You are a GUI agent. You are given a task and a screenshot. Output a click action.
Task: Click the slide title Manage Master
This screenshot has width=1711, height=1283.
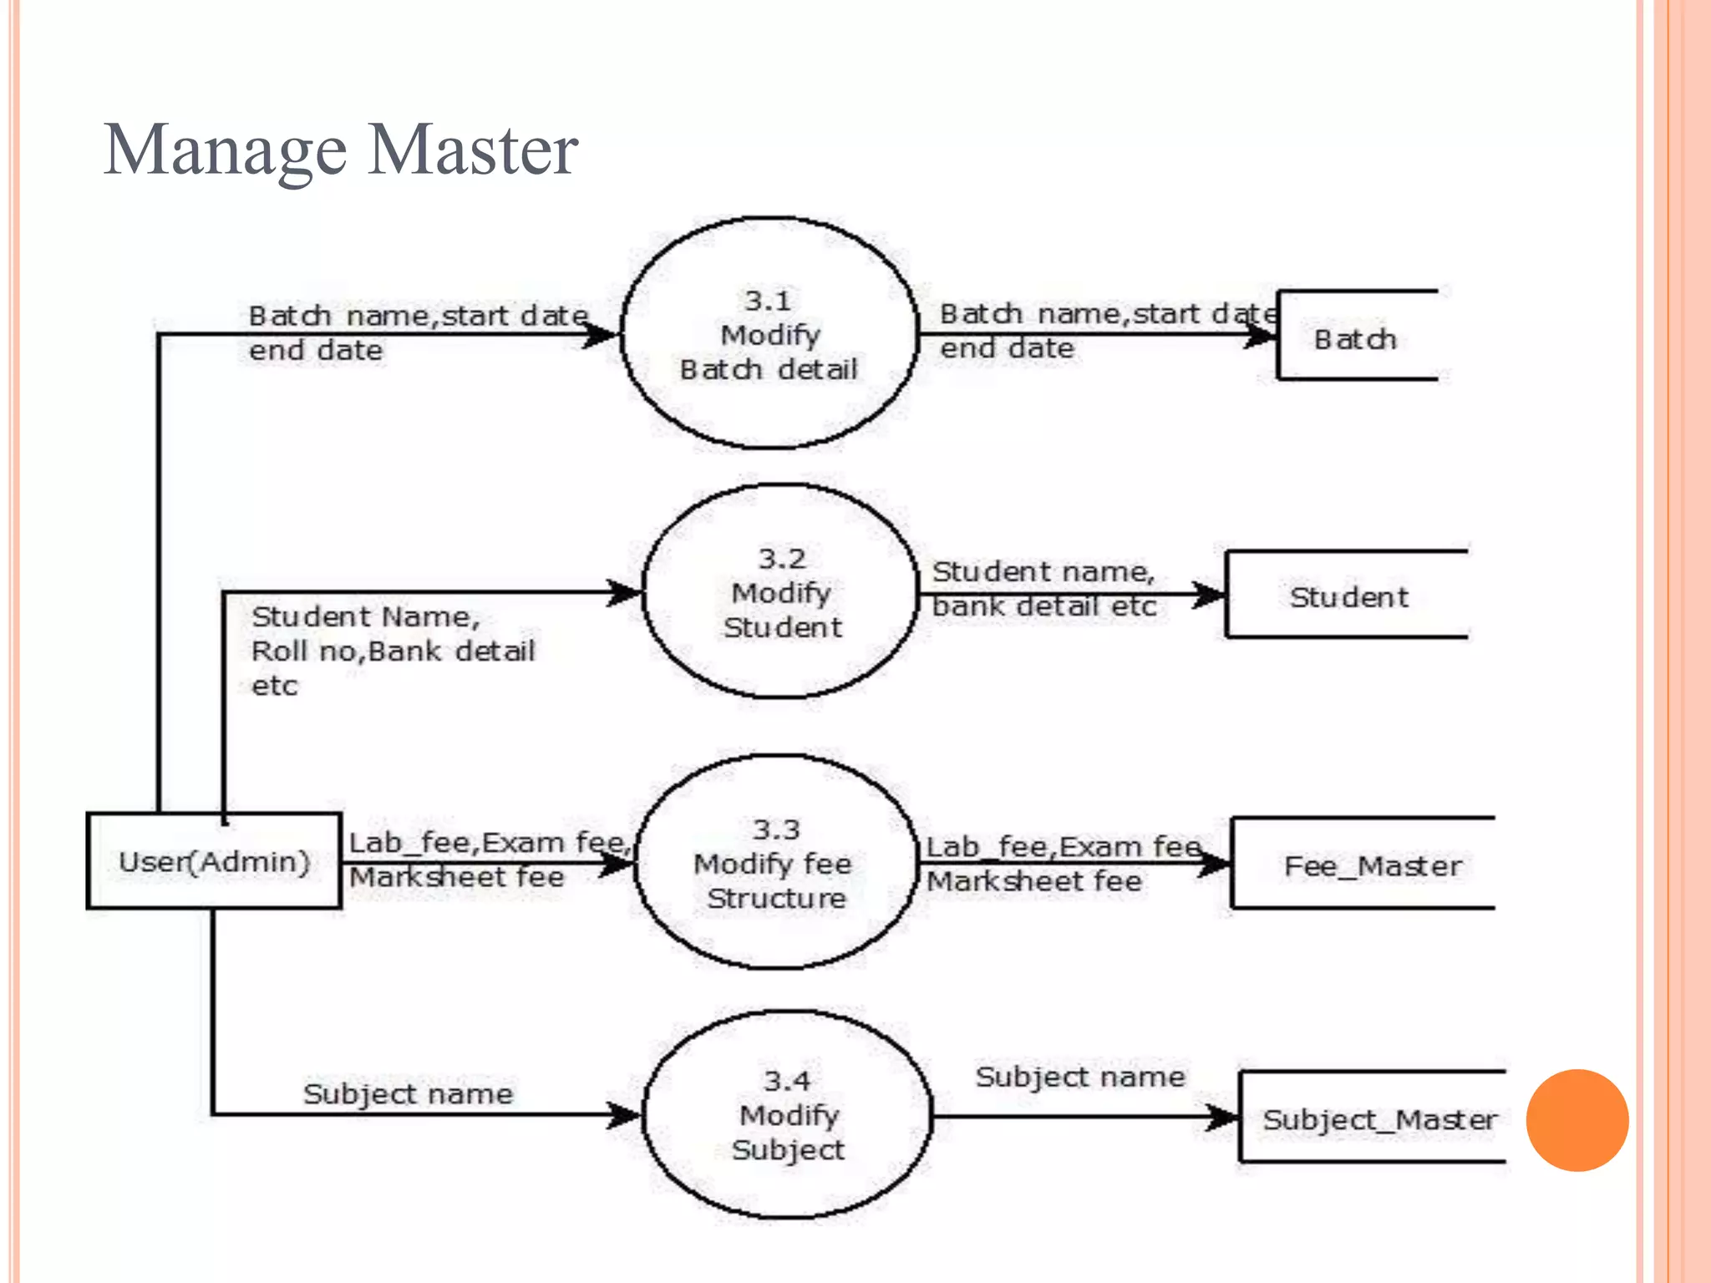tap(340, 150)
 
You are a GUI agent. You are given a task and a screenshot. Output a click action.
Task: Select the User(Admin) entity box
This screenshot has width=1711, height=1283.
tap(214, 860)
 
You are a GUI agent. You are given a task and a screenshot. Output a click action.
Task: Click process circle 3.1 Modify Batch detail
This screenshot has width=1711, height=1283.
tap(769, 334)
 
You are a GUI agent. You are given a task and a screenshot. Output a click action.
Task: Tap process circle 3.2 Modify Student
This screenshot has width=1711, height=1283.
tap(781, 592)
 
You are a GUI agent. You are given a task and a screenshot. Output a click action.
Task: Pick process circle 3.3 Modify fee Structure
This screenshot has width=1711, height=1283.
tap(775, 863)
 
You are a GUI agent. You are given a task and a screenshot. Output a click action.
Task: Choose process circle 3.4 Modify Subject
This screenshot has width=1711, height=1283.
tap(788, 1115)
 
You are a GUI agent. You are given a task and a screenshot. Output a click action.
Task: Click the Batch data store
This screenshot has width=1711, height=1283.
tap(1355, 338)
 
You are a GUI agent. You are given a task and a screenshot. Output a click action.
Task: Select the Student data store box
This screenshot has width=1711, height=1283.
tap(1347, 596)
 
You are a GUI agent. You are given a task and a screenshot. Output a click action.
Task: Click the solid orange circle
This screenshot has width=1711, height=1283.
tap(1576, 1120)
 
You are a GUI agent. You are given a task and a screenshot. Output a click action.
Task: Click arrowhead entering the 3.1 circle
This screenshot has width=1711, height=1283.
tap(602, 335)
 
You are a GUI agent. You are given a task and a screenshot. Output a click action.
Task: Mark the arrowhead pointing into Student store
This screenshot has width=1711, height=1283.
tap(1209, 596)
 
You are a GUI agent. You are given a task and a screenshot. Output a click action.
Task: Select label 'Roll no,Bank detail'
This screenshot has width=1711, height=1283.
tap(393, 651)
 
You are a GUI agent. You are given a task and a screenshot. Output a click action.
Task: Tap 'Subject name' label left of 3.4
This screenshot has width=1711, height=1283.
tap(408, 1093)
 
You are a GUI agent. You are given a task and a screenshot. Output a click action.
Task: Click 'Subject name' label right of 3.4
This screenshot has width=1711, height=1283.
tap(1079, 1076)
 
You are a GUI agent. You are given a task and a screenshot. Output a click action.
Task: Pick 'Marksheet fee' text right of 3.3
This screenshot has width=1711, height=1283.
tap(1034, 881)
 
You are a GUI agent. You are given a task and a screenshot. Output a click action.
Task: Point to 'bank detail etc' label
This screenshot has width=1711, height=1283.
tap(1044, 606)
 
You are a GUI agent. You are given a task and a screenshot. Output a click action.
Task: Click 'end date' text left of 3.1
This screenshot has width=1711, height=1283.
tap(316, 350)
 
